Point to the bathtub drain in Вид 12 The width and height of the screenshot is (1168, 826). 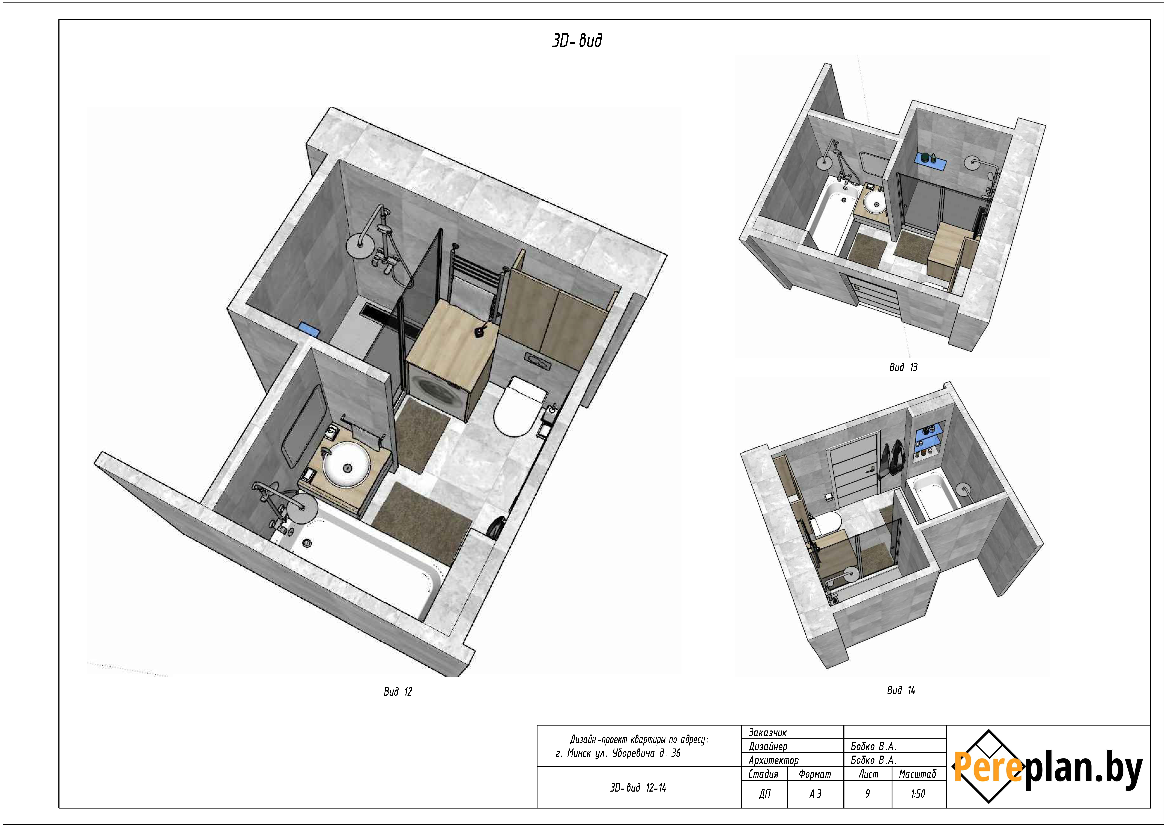pyautogui.click(x=307, y=543)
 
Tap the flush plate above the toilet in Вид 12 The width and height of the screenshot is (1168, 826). pyautogui.click(x=537, y=360)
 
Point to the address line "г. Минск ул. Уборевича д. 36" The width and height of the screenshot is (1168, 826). pyautogui.click(x=618, y=753)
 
